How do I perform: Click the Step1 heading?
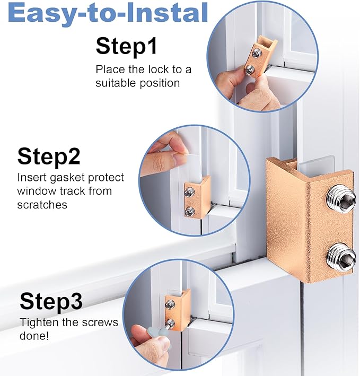click(x=126, y=46)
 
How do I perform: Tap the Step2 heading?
click(x=49, y=156)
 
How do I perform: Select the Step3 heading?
click(x=51, y=301)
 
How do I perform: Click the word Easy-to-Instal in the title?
click(x=108, y=13)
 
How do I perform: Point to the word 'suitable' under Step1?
click(x=113, y=83)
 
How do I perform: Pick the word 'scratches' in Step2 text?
click(x=42, y=204)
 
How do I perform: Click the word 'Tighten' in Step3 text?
click(x=37, y=322)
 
